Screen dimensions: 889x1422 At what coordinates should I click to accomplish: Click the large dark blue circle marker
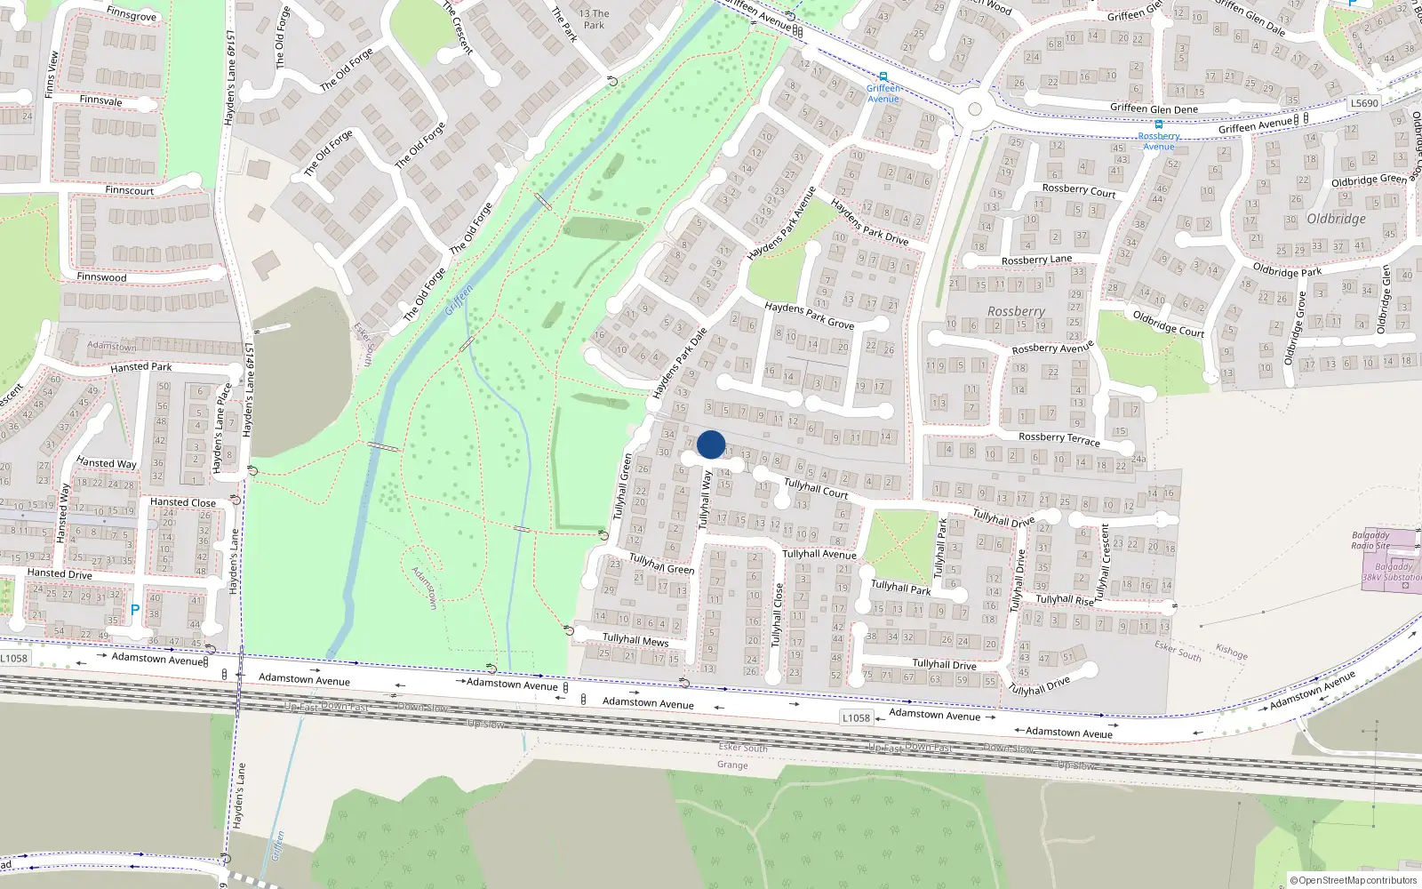coord(711,444)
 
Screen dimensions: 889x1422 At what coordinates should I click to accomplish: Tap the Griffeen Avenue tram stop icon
coord(883,77)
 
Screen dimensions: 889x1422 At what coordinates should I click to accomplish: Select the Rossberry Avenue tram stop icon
coord(1158,125)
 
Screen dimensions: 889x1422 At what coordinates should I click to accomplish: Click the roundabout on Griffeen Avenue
coord(975,109)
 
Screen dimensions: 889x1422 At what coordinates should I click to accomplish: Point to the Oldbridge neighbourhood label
coord(1336,219)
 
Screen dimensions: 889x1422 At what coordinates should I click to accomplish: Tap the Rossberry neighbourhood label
coord(1016,312)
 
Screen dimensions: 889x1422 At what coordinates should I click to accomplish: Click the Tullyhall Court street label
coord(816,488)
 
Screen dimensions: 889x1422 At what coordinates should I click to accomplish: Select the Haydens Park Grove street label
coord(809,315)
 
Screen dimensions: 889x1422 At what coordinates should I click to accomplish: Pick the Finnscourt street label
coord(130,190)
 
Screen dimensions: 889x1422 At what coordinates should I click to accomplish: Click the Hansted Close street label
coord(183,502)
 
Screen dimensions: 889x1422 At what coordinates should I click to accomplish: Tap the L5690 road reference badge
coord(1364,103)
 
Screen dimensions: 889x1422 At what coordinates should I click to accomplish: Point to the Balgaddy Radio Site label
coord(1370,541)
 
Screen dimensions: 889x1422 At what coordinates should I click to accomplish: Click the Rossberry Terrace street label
coord(1059,439)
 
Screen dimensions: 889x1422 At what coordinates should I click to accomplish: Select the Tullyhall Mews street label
coord(635,639)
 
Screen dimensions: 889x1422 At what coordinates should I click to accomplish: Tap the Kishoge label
coord(1231,652)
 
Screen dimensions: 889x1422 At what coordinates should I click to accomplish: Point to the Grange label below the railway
coord(732,765)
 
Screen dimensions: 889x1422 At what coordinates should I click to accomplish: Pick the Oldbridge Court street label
coord(1168,324)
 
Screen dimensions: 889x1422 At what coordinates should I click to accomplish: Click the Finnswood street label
coord(101,276)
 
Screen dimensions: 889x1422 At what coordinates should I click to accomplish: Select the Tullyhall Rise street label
coord(1065,600)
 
